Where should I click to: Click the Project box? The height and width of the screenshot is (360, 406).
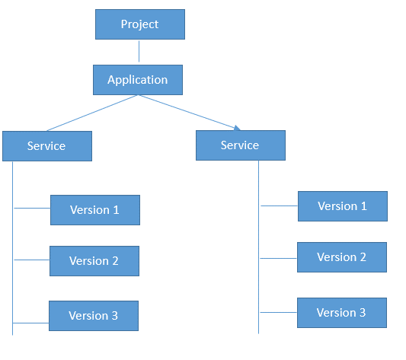coord(140,24)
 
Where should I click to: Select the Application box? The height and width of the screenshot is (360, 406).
coord(138,80)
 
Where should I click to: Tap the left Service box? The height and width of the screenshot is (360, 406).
coord(47,146)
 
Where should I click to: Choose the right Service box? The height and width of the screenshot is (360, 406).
coord(241,145)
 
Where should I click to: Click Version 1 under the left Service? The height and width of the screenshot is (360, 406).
coord(95,210)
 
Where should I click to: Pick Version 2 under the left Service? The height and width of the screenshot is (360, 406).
coord(94,261)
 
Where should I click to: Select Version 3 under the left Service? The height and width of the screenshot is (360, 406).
coord(94,316)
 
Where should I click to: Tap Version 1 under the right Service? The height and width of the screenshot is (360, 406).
coord(343,206)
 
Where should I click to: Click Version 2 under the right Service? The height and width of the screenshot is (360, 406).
coord(342,257)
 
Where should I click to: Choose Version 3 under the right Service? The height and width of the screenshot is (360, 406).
coord(342,313)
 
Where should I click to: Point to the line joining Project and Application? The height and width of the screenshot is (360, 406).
coord(139,51)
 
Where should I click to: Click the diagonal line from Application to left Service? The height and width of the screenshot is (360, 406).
coord(92,113)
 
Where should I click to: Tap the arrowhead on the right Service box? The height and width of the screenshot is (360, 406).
coord(237,128)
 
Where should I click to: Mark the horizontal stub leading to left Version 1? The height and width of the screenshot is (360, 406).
coord(32,208)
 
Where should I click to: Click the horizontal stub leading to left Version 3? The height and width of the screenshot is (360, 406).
coord(30,323)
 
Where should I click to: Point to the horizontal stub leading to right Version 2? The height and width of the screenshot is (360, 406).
coord(279,258)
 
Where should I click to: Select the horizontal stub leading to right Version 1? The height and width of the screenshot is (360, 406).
coord(280,205)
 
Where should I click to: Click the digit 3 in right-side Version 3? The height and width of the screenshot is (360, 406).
coord(363,313)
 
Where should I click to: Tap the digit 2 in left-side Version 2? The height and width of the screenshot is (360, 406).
coord(115,261)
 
